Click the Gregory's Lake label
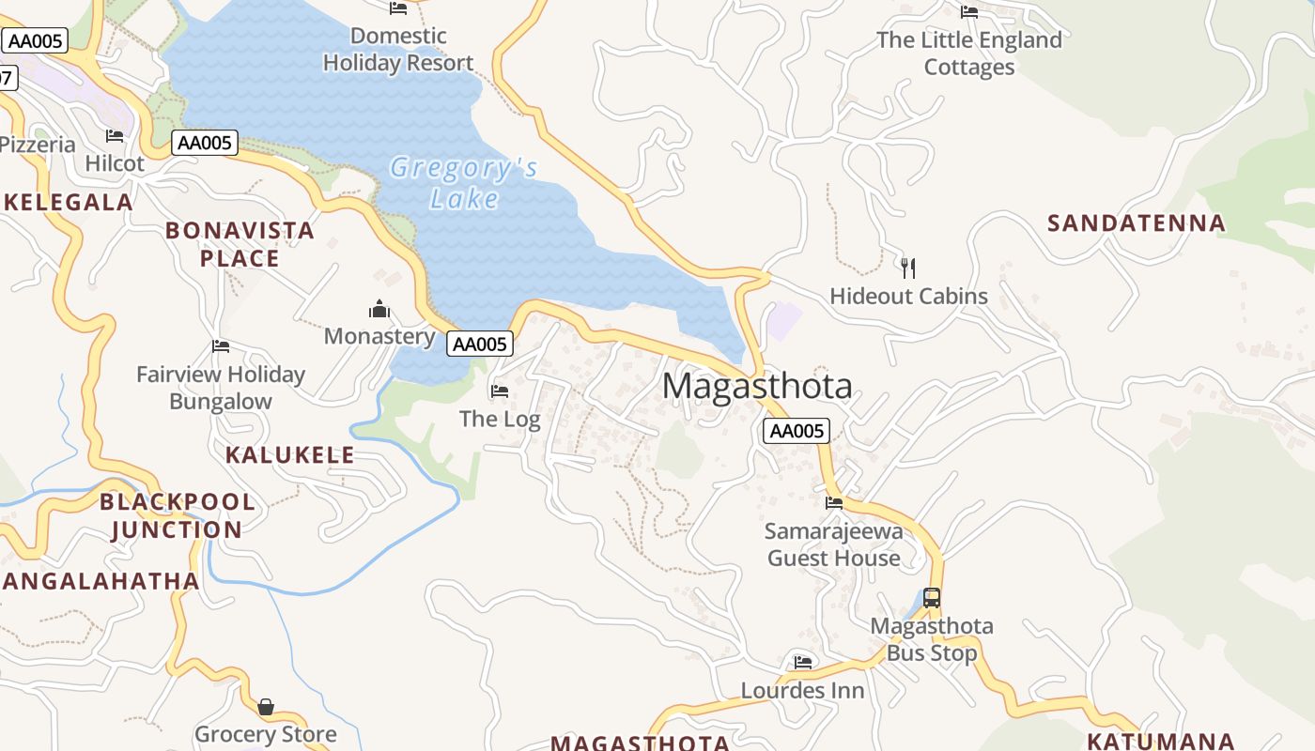click(464, 183)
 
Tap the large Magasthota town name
click(757, 386)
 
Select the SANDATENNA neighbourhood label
click(1137, 223)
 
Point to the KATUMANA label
click(1160, 741)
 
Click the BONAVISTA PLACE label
click(240, 244)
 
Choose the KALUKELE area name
click(290, 455)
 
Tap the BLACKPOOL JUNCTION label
click(178, 515)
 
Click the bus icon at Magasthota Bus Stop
click(931, 597)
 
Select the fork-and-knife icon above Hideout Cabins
click(907, 268)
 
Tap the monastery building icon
click(379, 309)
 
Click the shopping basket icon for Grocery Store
click(266, 706)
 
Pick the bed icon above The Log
click(500, 391)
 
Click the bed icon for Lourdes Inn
click(802, 662)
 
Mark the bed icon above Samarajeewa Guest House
click(834, 503)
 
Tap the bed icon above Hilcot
click(115, 136)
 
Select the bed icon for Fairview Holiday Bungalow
click(221, 346)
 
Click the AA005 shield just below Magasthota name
click(796, 431)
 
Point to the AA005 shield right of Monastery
click(479, 344)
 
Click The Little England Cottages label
click(969, 54)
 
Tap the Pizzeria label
click(38, 145)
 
